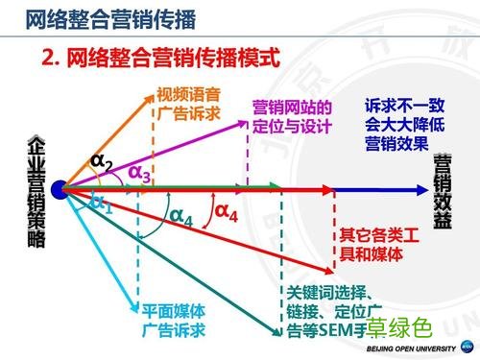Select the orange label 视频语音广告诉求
pos(189,105)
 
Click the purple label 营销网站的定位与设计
pos(292,117)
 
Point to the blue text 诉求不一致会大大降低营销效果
pos(399,123)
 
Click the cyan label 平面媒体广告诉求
pos(175,321)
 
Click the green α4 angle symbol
pos(180,219)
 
